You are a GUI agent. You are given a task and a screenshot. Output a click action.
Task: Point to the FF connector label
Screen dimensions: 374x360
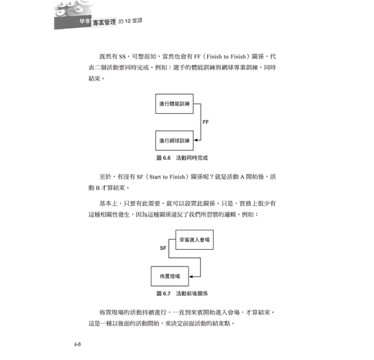206,122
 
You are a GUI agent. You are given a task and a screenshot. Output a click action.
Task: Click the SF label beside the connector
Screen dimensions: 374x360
163,248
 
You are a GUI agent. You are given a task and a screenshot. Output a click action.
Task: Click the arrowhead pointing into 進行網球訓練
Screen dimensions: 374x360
196,140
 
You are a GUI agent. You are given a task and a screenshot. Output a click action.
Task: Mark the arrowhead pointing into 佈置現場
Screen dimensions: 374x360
191,276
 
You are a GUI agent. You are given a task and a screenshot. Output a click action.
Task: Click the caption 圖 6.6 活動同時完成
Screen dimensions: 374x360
182,158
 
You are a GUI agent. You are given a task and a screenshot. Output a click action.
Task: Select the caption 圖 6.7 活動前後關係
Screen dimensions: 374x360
182,294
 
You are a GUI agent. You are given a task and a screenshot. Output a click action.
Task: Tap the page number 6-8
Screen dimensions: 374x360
78,344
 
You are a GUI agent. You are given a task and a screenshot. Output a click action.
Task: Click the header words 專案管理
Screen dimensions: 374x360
104,22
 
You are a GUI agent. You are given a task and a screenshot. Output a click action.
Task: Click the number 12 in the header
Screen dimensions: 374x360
128,21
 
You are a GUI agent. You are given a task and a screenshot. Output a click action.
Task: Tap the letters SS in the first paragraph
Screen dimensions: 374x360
122,57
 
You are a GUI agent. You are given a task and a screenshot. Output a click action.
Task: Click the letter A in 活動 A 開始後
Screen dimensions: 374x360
242,177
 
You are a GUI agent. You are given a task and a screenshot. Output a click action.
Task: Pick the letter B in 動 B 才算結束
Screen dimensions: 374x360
98,188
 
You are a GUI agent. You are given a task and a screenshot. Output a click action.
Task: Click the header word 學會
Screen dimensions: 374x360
85,21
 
